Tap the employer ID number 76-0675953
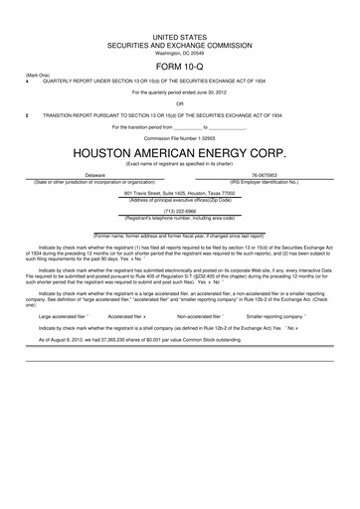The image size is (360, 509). pos(264,175)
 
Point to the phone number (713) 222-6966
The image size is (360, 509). pos(180,211)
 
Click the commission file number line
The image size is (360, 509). pos(180,137)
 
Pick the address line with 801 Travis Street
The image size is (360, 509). pos(180,193)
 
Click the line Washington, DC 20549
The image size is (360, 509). pos(180,52)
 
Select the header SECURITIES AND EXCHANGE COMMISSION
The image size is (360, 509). pos(180,44)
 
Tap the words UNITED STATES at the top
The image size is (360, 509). pos(180,36)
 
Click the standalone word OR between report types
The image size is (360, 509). pos(180,102)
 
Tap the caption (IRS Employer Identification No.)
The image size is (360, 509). pos(264,182)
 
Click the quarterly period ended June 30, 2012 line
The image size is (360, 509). pos(180,90)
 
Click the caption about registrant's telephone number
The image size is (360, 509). pos(180,217)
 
